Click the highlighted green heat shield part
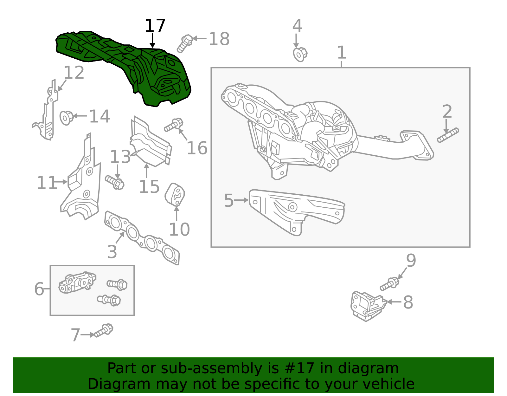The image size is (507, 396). tap(127, 67)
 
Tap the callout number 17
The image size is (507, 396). tap(155, 26)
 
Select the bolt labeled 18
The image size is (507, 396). tap(184, 43)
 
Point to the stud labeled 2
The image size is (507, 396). tap(448, 135)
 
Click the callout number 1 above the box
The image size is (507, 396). tap(341, 52)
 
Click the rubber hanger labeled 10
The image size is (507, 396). tap(175, 194)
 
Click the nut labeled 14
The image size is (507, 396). tap(67, 118)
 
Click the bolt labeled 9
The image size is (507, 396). tap(389, 283)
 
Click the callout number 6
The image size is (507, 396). tap(39, 289)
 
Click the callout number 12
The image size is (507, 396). tap(74, 73)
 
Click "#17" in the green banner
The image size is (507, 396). tap(299, 368)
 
